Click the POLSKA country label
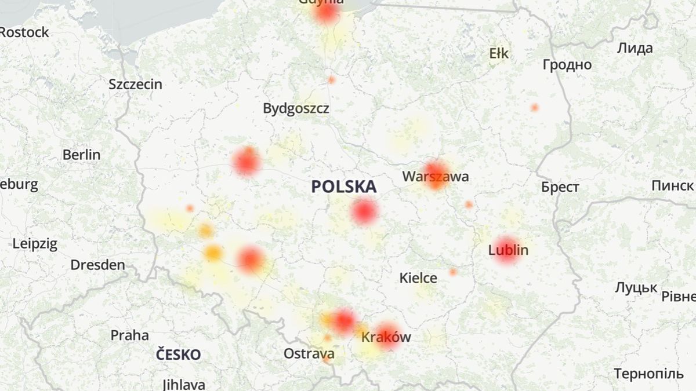coord(343,187)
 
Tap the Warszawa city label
coord(436,176)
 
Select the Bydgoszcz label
coord(296,108)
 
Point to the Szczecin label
coord(135,84)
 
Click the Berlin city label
coord(81,155)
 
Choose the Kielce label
coord(418,278)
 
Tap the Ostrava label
coord(309,353)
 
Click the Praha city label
coord(129,335)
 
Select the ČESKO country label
coord(178,355)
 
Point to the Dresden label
coord(97,265)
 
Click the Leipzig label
coord(35,243)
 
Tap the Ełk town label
coord(499,54)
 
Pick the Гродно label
coord(567,65)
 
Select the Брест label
coord(560,187)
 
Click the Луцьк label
coord(636,287)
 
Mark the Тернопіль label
coord(648,374)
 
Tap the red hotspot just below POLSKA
coord(364,212)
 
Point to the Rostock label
coord(24,32)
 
